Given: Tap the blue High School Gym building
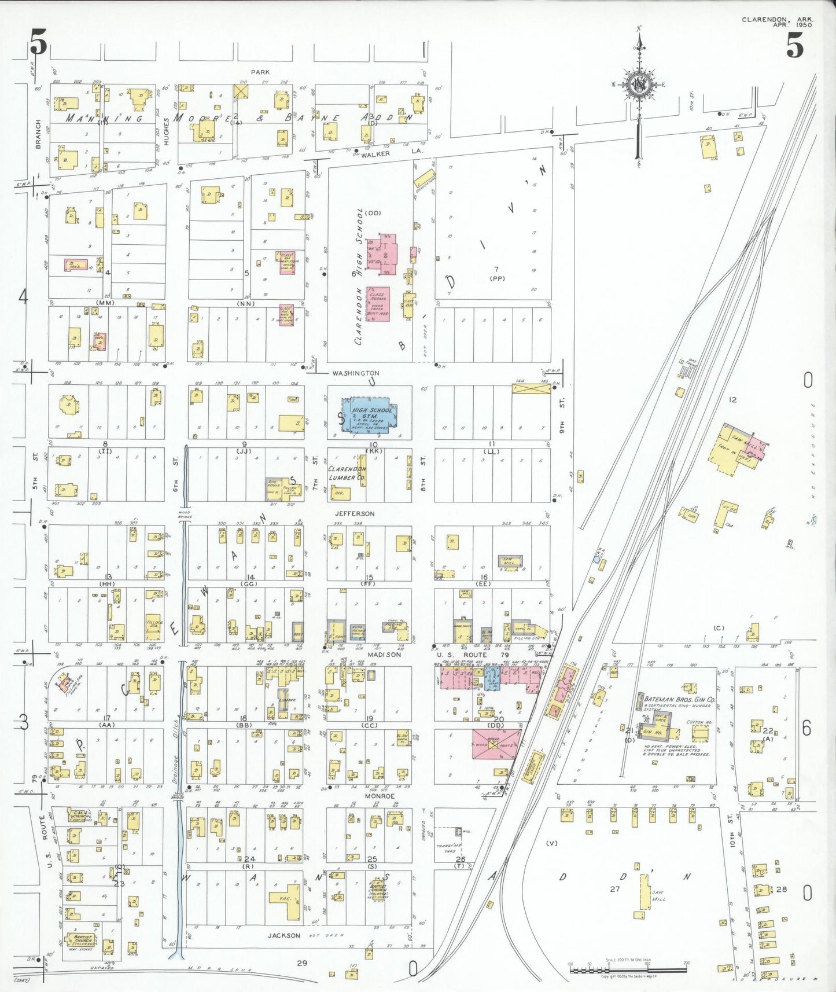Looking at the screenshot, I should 370,415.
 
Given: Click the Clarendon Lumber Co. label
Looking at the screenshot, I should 347,473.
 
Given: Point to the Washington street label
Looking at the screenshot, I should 356,373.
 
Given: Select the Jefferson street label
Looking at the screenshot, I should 355,514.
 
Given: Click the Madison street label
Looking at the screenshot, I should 384,655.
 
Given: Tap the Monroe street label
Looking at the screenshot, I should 380,796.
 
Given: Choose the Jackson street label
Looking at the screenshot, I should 283,935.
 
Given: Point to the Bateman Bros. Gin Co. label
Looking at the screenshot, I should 680,700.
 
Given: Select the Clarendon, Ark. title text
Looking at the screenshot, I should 777,20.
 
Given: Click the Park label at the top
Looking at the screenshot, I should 260,72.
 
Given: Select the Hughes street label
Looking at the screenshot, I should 167,131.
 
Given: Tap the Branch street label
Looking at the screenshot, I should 38,134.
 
